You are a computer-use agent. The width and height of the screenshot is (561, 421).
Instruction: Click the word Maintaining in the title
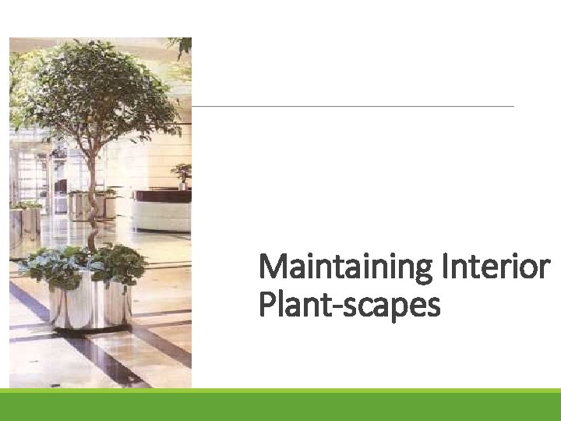coord(346,268)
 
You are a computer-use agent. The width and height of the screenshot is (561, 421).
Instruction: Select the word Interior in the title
coord(496,268)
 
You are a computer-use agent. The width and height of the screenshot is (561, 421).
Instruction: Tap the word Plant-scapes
coord(349,306)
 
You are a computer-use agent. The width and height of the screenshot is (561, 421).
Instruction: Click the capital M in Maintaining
coord(272,268)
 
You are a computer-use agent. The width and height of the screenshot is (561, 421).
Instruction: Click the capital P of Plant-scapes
coord(266,306)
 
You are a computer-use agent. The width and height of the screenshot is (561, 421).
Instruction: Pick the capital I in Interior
coord(446,268)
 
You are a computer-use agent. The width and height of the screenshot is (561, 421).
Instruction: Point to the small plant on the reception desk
coord(182,175)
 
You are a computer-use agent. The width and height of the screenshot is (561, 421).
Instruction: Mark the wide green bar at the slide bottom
coord(280,405)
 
